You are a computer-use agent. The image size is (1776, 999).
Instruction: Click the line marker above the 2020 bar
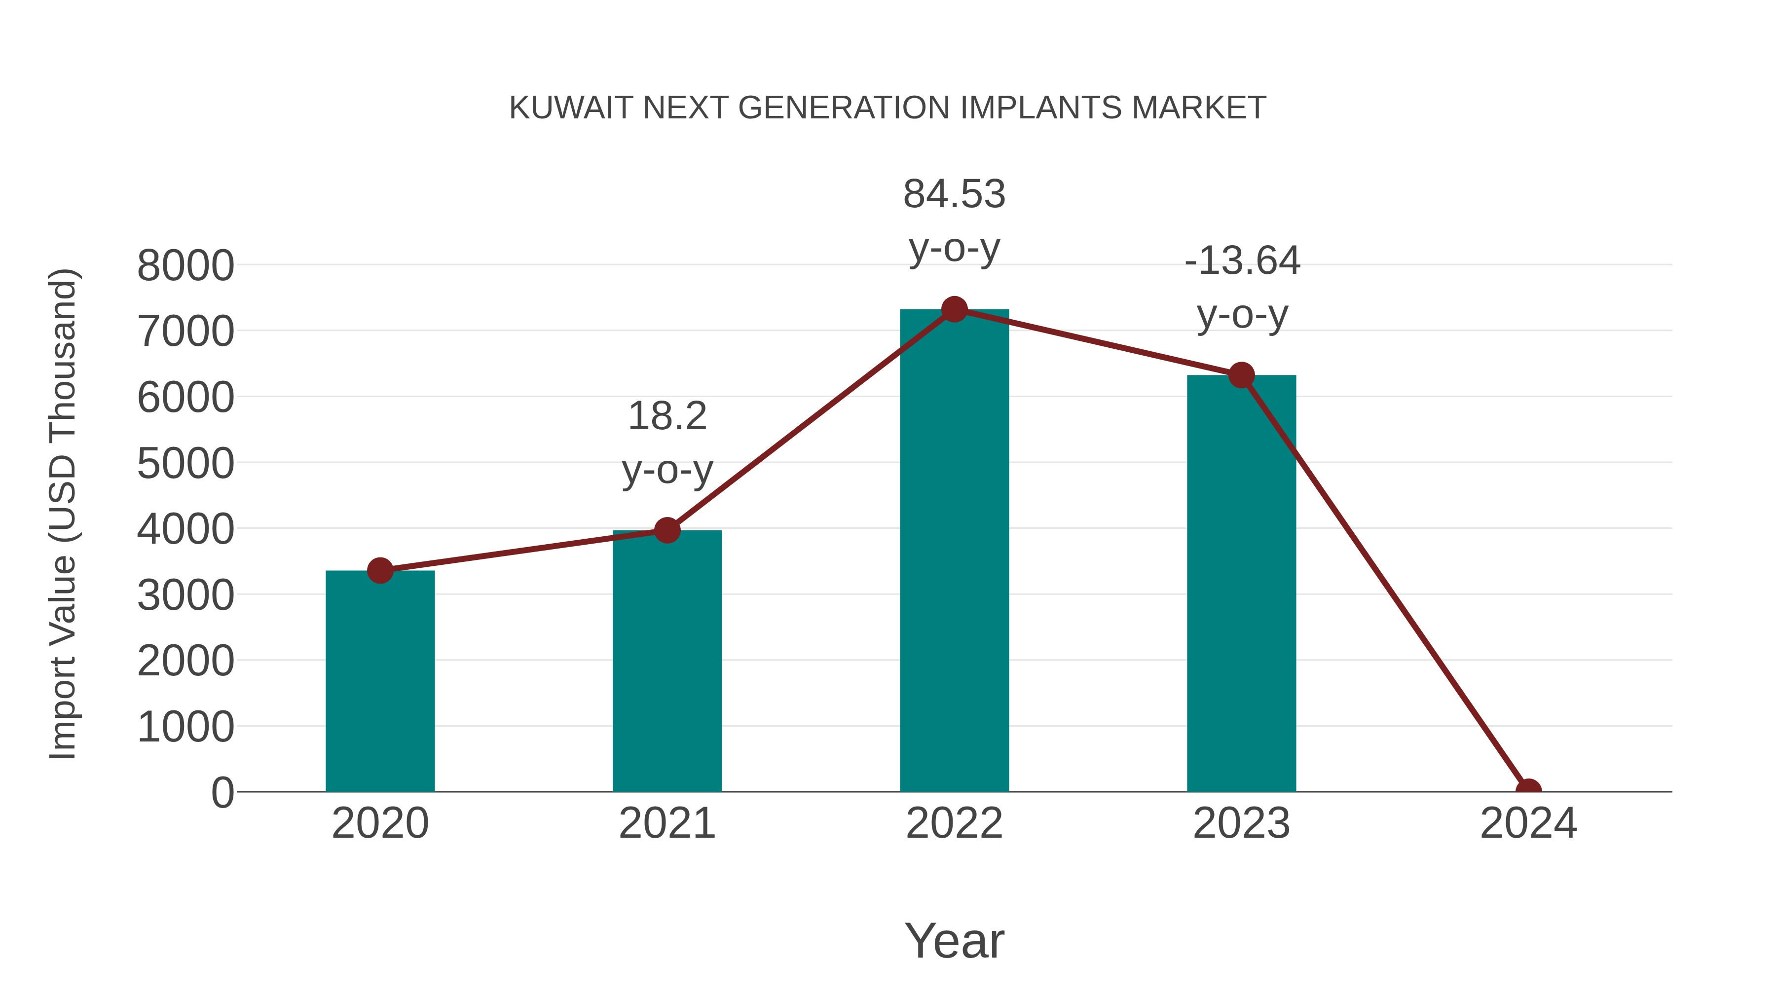[x=380, y=571]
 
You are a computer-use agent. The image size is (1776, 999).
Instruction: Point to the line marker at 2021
[x=666, y=530]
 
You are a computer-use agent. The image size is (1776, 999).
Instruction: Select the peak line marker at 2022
[x=954, y=309]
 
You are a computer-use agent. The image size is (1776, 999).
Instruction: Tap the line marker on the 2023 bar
[x=1241, y=376]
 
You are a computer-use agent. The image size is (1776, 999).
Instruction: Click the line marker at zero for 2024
[x=1528, y=790]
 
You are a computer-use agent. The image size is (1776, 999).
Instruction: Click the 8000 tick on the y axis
[x=185, y=265]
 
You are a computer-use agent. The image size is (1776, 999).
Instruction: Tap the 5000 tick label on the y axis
[x=185, y=463]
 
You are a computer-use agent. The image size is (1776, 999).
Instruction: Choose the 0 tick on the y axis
[x=222, y=793]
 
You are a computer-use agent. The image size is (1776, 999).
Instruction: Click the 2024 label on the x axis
[x=1528, y=823]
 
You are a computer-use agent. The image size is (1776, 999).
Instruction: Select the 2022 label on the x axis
[x=954, y=823]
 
